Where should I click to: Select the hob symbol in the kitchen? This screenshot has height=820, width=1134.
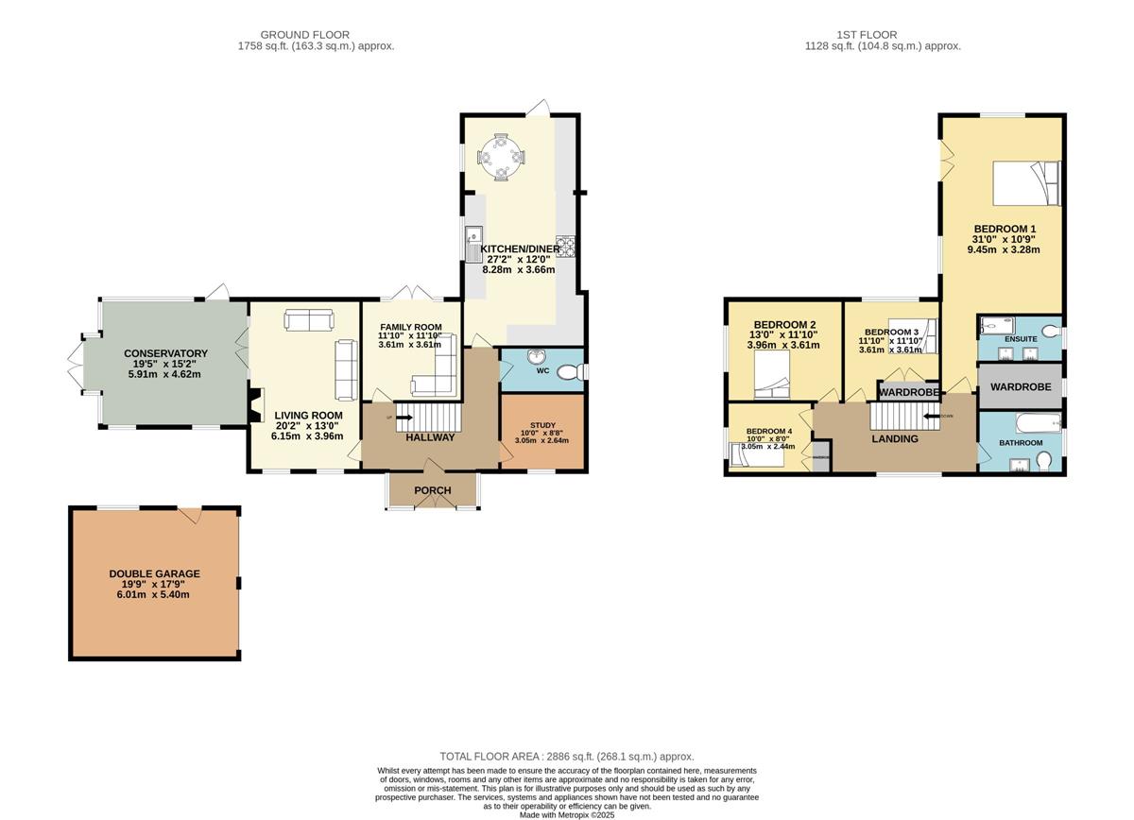pyautogui.click(x=567, y=246)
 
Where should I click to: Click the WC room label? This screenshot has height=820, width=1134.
pyautogui.click(x=542, y=370)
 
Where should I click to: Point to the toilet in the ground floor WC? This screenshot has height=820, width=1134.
pyautogui.click(x=570, y=374)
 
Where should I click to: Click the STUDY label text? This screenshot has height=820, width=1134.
pyautogui.click(x=541, y=425)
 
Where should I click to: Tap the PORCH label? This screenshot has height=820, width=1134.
pyautogui.click(x=433, y=490)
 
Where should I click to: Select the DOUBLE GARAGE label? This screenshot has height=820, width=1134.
pyautogui.click(x=154, y=573)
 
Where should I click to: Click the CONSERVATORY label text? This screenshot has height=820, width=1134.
pyautogui.click(x=165, y=353)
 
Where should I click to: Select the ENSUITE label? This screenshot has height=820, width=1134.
pyautogui.click(x=1021, y=338)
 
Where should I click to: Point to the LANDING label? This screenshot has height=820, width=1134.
pyautogui.click(x=894, y=438)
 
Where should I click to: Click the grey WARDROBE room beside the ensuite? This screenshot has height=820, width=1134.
pyautogui.click(x=1021, y=386)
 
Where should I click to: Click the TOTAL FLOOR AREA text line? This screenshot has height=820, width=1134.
pyautogui.click(x=567, y=756)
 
